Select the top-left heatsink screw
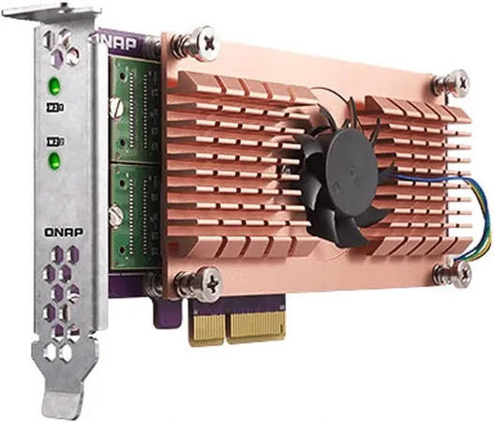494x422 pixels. tap(199, 40)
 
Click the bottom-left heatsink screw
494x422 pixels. tap(203, 279)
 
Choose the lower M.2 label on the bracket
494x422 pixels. tap(53, 143)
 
